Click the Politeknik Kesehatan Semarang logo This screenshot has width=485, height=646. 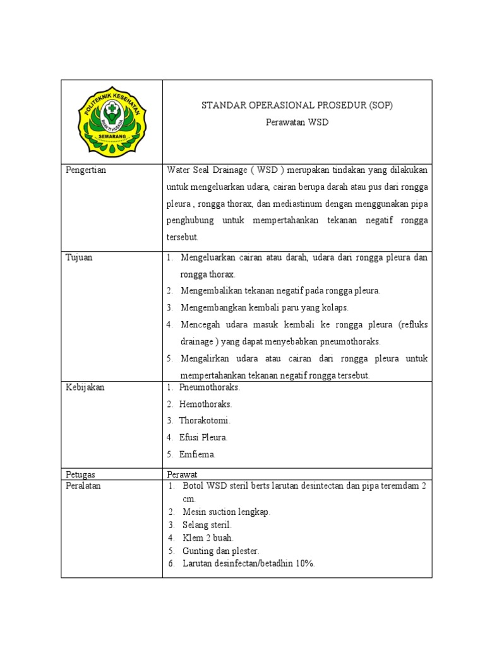111,121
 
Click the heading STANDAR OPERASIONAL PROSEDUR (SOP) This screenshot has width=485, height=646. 297,105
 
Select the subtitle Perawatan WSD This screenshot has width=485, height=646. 297,122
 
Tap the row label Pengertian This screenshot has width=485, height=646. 86,170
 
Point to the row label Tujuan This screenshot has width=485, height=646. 79,257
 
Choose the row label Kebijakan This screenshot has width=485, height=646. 85,387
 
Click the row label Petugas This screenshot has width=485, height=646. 81,474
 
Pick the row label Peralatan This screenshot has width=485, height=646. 83,486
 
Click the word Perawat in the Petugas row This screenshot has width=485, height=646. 183,474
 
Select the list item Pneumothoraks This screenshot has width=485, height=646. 209,387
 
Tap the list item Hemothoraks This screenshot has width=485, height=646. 205,404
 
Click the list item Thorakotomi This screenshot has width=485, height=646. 205,420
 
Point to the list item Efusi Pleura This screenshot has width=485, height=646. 203,437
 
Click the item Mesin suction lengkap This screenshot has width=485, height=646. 226,512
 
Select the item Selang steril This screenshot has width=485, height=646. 207,525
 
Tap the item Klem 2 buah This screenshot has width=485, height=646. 208,537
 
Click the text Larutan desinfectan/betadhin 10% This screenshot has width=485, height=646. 248,563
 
